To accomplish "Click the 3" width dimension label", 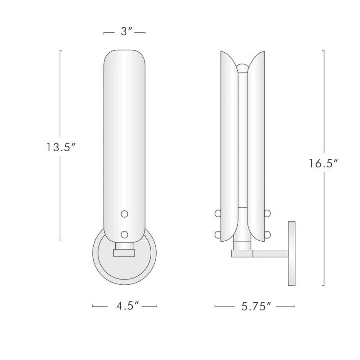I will (x=125, y=33).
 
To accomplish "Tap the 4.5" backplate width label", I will (x=125, y=306).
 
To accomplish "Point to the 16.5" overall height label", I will (x=323, y=164).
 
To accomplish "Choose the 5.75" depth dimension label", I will (x=255, y=306).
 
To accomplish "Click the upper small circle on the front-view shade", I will (x=125, y=214).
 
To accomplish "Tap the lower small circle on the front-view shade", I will (x=125, y=234).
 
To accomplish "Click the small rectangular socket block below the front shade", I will (x=125, y=252).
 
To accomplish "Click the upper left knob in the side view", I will (x=218, y=213).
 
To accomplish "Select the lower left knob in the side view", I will (x=218, y=234).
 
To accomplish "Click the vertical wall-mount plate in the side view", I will (x=292, y=253).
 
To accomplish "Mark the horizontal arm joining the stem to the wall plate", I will (x=270, y=254).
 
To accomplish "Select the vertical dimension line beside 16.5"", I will (x=324, y=112).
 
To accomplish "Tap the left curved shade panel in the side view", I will (x=229, y=144).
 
